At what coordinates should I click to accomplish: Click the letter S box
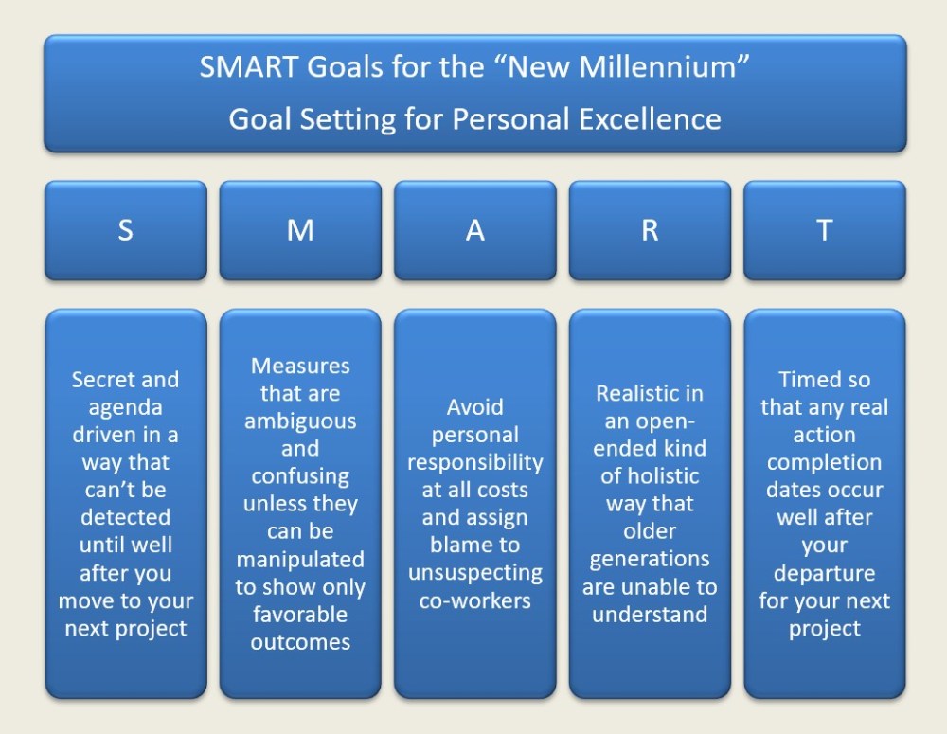point(126,230)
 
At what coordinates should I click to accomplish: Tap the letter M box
point(300,230)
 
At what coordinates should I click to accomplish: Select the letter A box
point(475,230)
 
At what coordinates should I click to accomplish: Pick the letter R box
point(650,230)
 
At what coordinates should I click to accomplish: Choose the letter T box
point(825,230)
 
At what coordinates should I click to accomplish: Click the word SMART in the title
point(249,66)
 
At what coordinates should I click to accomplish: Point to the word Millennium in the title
point(658,66)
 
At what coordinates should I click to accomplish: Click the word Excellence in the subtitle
point(650,119)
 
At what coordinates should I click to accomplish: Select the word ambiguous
point(300,421)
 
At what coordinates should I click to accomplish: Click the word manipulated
point(300,560)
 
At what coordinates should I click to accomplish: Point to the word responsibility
point(475,463)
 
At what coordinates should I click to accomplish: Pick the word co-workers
point(475,600)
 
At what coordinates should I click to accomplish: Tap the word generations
point(650,560)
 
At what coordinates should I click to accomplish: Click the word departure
point(825,573)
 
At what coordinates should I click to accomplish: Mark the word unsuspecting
point(475,573)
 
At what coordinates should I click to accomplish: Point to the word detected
point(126,517)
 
